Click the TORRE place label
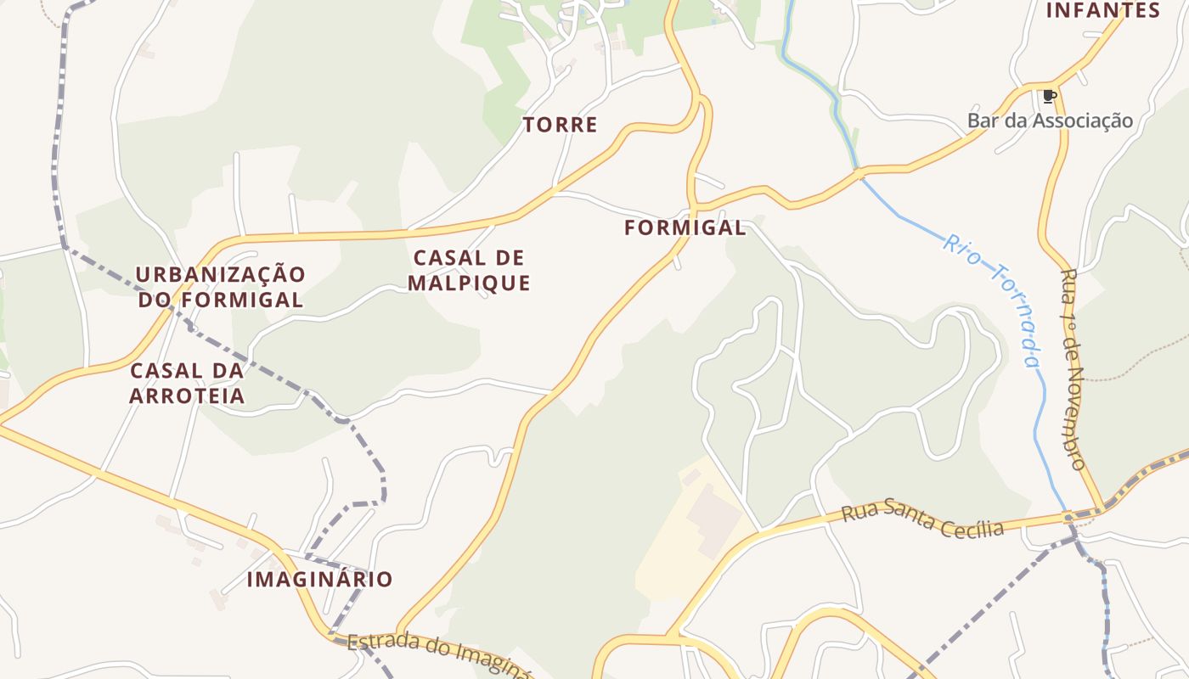pos(560,125)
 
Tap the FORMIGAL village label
pos(685,227)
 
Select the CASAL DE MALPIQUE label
pos(469,270)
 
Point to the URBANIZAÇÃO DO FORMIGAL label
pos(220,287)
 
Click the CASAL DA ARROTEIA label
pos(187,383)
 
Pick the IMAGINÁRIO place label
pos(319,580)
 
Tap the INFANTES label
pos(1102,10)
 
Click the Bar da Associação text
pos(1050,121)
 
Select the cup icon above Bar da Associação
pos(1049,96)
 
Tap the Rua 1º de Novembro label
pos(1073,370)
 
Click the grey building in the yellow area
pos(712,519)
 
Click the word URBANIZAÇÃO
pos(220,274)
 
